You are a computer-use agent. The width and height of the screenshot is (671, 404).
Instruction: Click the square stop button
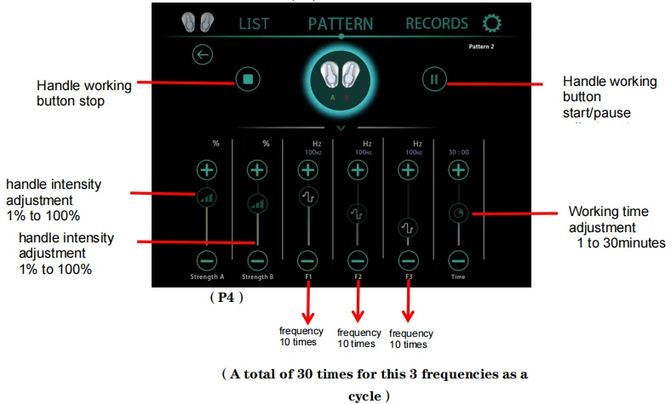pos(248,80)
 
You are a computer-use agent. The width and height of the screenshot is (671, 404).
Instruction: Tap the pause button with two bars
pos(434,80)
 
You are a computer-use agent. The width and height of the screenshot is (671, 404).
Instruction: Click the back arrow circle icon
pos(203,55)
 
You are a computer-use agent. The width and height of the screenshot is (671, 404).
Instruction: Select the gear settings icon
pos(491,24)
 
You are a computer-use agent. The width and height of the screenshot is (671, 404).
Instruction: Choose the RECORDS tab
pos(436,24)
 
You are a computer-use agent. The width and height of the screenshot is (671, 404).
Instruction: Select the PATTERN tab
pos(341,24)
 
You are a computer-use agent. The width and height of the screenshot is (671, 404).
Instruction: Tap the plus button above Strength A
pos(207,169)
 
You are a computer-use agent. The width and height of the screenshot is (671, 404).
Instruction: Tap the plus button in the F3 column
pos(409,169)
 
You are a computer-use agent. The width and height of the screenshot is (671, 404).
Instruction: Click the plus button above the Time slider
pos(459,169)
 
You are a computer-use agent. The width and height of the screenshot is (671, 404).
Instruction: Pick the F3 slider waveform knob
pos(409,228)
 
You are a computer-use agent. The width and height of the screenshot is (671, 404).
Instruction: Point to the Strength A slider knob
pos(207,197)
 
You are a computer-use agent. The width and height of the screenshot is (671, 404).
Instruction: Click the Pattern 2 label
pos(481,46)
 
